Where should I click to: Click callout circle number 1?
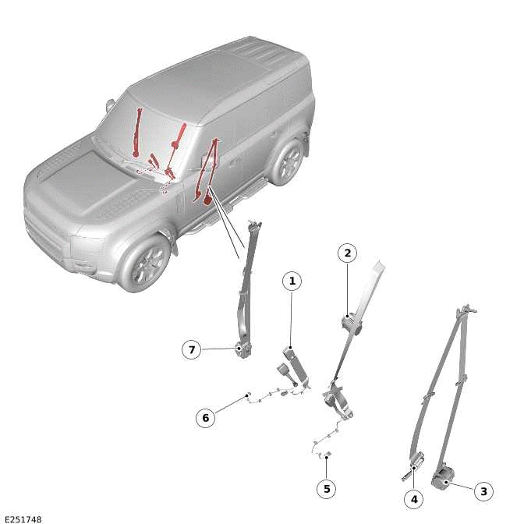tap(292, 281)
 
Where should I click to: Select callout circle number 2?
tap(347, 253)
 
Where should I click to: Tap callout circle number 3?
tap(483, 491)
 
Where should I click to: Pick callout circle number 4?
tap(414, 498)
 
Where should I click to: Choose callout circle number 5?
tap(327, 489)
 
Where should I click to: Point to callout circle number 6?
tap(206, 418)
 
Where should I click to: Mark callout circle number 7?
tap(192, 350)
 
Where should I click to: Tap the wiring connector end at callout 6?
tap(247, 395)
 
